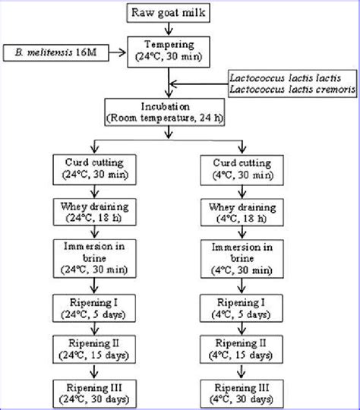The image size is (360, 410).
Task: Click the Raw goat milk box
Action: pyautogui.click(x=168, y=13)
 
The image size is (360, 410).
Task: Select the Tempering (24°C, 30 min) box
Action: pyautogui.click(x=169, y=52)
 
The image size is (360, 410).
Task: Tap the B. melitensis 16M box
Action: pyautogui.click(x=56, y=52)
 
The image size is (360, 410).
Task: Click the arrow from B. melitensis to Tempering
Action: pyautogui.click(x=118, y=52)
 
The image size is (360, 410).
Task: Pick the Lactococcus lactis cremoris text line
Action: pyautogui.click(x=292, y=90)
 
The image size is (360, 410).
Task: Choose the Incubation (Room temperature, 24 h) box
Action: pyautogui.click(x=165, y=112)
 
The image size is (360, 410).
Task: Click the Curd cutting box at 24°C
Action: pyautogui.click(x=94, y=170)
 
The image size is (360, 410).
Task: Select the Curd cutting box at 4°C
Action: pyautogui.click(x=242, y=170)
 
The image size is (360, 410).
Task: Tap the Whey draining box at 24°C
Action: pyautogui.click(x=95, y=212)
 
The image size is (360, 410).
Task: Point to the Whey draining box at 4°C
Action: pyautogui.click(x=242, y=213)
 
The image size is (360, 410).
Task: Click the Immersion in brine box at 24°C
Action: pyautogui.click(x=95, y=258)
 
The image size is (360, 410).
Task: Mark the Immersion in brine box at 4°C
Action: pyautogui.click(x=242, y=259)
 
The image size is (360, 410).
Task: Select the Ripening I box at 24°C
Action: pyautogui.click(x=94, y=308)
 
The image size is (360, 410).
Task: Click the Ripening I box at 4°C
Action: pyautogui.click(x=242, y=308)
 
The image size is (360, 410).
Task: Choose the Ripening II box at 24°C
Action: pyautogui.click(x=94, y=349)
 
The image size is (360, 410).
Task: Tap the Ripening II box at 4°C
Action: pyautogui.click(x=242, y=349)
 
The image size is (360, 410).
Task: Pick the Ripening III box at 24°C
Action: pyautogui.click(x=95, y=394)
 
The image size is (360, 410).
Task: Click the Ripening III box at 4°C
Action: pyautogui.click(x=242, y=394)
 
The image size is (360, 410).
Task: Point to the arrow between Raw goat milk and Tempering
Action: pyautogui.click(x=169, y=30)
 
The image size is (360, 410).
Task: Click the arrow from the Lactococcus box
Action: pyautogui.click(x=199, y=84)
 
